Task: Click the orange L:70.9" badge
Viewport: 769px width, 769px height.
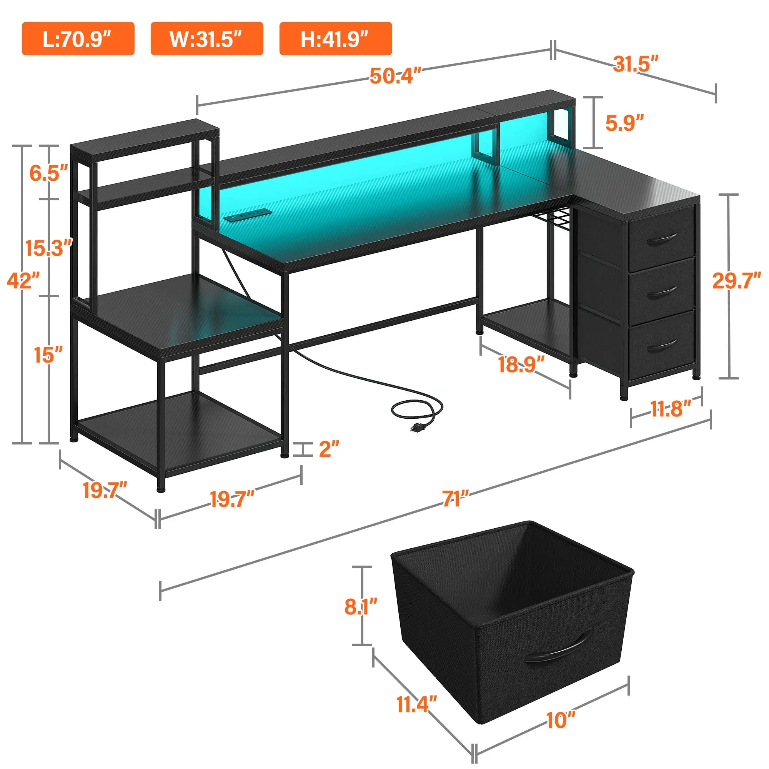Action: pos(78,38)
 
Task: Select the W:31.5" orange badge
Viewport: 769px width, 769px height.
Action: pos(206,38)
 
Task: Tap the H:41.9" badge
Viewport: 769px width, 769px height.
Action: pos(336,38)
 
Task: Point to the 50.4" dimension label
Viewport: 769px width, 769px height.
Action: pos(395,76)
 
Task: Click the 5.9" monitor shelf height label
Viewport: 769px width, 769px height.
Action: pos(624,123)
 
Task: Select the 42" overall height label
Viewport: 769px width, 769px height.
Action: pos(23,281)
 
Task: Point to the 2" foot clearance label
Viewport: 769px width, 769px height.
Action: pos(329,449)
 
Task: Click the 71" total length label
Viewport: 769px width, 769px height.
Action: pos(456,499)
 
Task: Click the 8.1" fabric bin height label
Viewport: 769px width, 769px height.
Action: pos(361,606)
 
